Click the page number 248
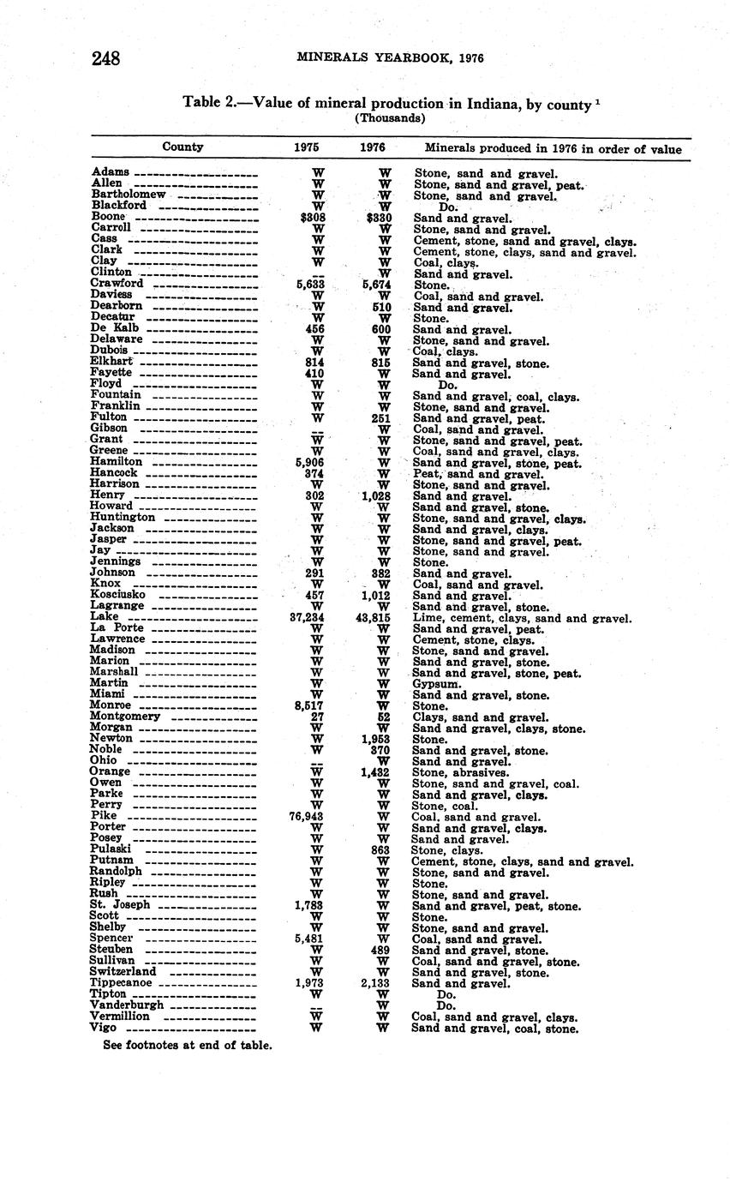[x=105, y=58]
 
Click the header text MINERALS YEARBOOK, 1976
[x=390, y=58]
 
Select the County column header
[x=182, y=147]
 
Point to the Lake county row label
[x=105, y=617]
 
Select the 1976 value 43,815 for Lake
[x=373, y=617]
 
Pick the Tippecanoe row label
[x=121, y=983]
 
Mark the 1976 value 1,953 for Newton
[x=375, y=739]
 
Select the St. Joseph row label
[x=120, y=905]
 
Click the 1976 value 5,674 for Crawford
[x=375, y=285]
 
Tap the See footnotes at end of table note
[x=188, y=1045]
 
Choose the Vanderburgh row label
[x=127, y=1005]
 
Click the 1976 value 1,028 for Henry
[x=375, y=495]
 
